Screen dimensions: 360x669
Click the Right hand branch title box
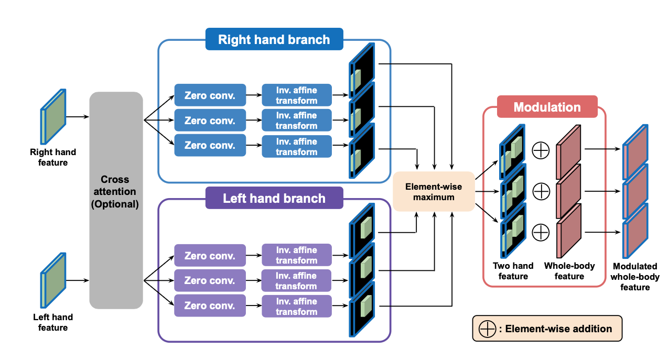pyautogui.click(x=274, y=39)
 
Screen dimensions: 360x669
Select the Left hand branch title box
pyautogui.click(x=274, y=199)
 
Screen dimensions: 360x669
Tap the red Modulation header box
pyautogui.click(x=547, y=107)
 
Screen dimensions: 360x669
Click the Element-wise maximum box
pyautogui.click(x=434, y=191)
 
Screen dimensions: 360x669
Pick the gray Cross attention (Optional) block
pyautogui.click(x=116, y=200)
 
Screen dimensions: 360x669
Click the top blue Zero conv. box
pyautogui.click(x=210, y=96)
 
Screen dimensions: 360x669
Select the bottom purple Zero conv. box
pyautogui.click(x=210, y=306)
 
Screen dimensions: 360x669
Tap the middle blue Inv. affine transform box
pyautogui.click(x=297, y=121)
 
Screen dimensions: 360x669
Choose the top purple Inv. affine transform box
pyautogui.click(x=297, y=255)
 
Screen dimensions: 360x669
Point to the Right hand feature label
pyautogui.click(x=53, y=157)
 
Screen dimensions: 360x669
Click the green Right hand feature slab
pyautogui.click(x=53, y=116)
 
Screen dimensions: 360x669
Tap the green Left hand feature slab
pyautogui.click(x=53, y=280)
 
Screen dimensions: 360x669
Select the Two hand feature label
pyautogui.click(x=513, y=271)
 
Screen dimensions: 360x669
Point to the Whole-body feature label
pyautogui.click(x=569, y=271)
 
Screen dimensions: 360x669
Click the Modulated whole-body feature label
pyautogui.click(x=635, y=277)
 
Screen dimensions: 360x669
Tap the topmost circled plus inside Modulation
pyautogui.click(x=541, y=151)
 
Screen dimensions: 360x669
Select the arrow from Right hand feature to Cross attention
pyautogui.click(x=78, y=117)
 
